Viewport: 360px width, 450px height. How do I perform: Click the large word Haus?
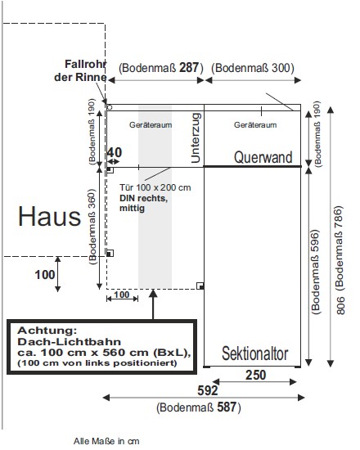pos(49,216)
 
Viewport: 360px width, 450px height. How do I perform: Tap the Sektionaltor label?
pos(255,353)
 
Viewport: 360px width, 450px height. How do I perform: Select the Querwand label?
pos(263,157)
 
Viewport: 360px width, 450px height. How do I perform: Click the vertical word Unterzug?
pos(196,137)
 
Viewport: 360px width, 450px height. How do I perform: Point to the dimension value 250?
pos(255,375)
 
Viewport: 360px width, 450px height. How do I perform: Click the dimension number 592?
pos(208,390)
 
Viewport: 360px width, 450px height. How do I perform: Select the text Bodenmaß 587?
pos(199,407)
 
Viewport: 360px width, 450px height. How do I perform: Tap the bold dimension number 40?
pos(115,152)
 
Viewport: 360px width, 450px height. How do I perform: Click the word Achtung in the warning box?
pos(47,331)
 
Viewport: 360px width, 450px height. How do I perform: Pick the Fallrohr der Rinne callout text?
pos(81,70)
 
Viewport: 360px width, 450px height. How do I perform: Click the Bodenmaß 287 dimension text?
pos(161,68)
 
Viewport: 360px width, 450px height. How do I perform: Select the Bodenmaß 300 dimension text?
pos(253,68)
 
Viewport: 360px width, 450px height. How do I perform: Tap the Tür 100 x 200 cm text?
pos(155,187)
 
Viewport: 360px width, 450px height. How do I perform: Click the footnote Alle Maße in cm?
pos(106,441)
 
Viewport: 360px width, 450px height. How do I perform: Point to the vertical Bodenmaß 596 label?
pos(315,272)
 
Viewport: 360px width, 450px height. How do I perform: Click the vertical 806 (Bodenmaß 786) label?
pos(339,260)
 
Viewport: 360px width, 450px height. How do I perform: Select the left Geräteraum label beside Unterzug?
pos(151,125)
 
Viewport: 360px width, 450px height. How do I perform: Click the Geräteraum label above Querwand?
pos(255,125)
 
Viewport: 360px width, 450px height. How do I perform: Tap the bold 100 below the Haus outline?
pos(45,275)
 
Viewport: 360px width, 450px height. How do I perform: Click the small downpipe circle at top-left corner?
pos(110,108)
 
